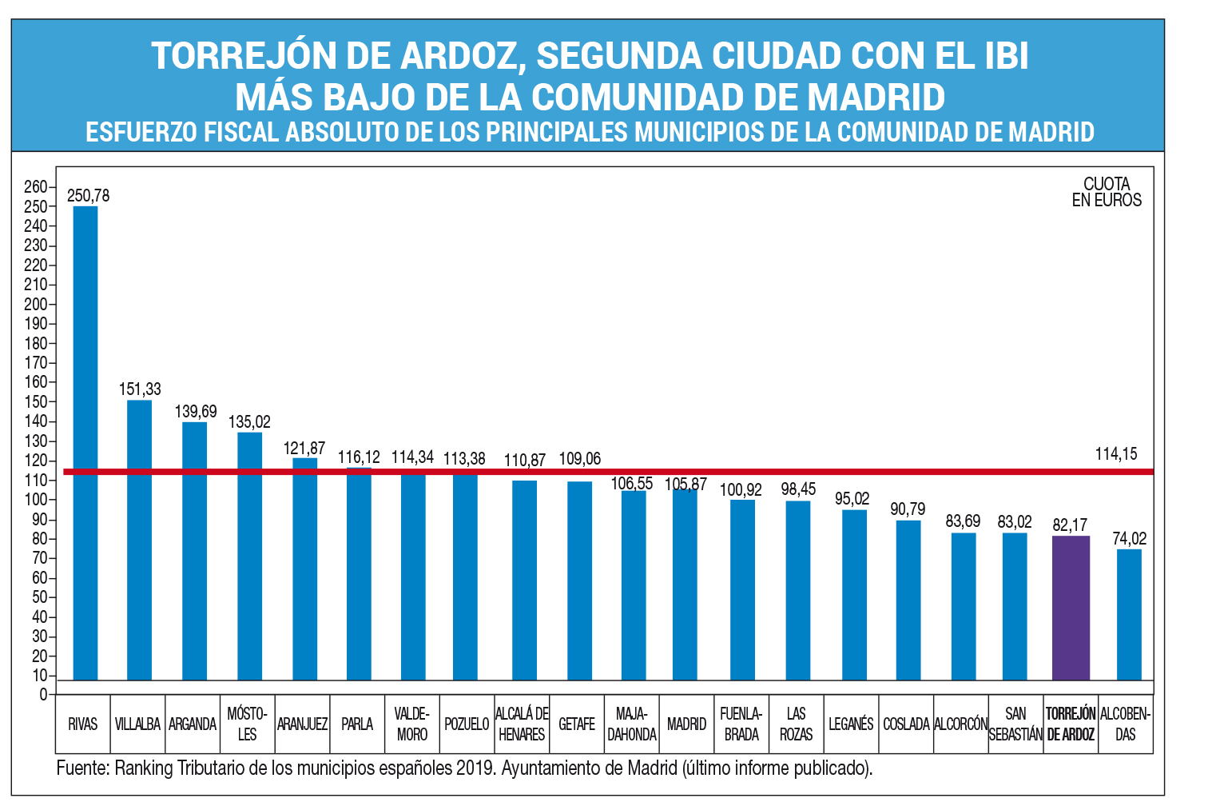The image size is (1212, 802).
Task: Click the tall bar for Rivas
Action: click(85, 444)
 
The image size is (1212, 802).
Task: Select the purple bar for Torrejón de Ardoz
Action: click(1071, 608)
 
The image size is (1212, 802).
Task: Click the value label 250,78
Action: click(88, 195)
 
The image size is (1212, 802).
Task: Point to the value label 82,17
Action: click(1070, 525)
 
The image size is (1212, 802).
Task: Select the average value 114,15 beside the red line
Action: click(1115, 454)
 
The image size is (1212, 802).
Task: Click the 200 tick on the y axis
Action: click(35, 305)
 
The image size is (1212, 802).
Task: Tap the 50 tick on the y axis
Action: click(39, 597)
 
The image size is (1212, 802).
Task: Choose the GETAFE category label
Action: click(577, 724)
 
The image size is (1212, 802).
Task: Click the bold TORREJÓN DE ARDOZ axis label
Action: click(1071, 724)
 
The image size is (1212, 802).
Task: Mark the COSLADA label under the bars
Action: click(906, 724)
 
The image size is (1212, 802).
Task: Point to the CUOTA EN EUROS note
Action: click(1107, 192)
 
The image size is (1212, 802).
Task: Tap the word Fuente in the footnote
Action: click(81, 768)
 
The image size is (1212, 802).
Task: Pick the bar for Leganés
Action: click(854, 595)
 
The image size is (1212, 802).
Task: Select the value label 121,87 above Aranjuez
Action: click(304, 449)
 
